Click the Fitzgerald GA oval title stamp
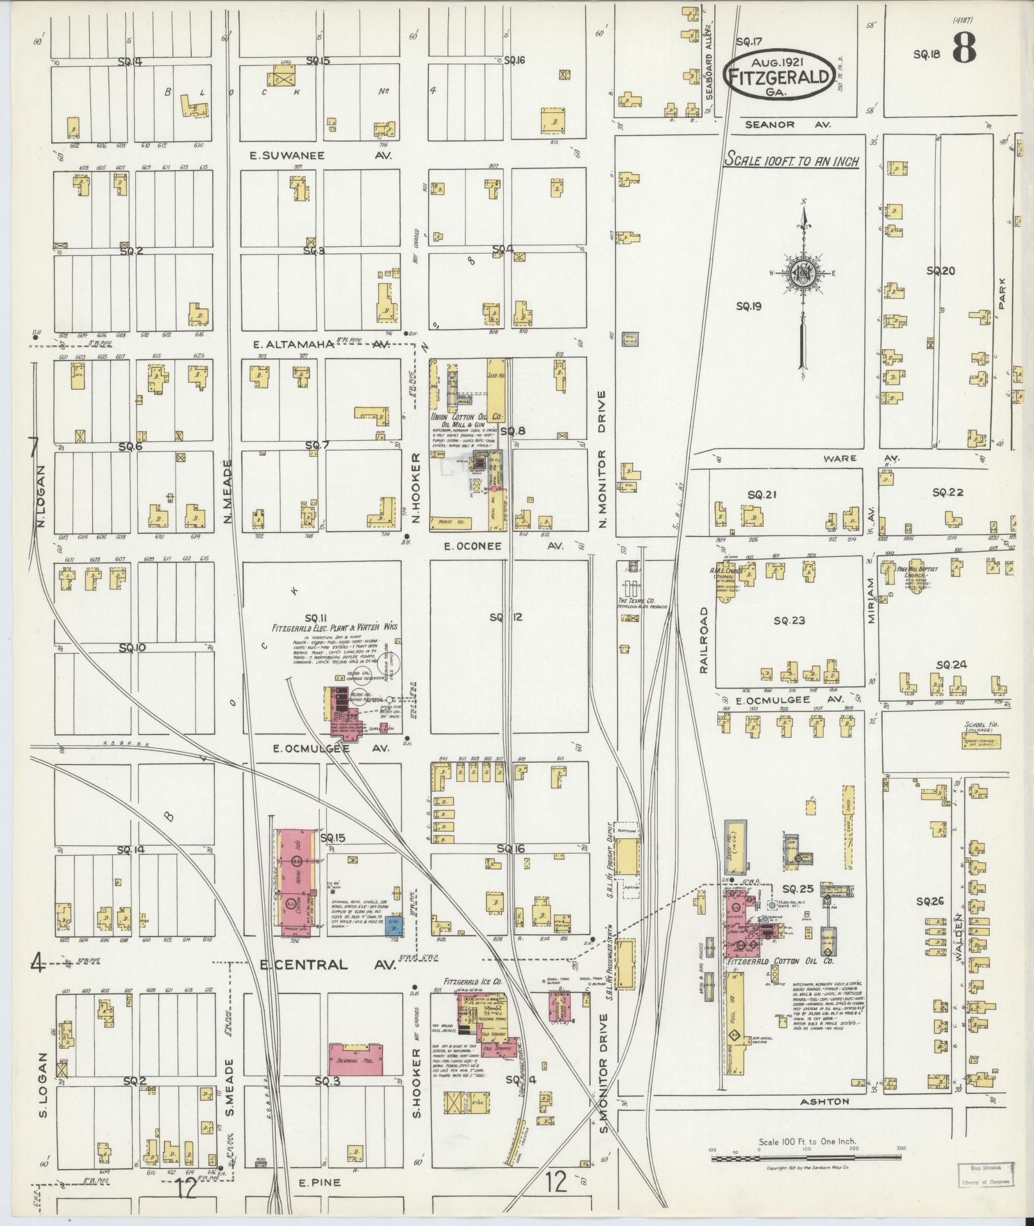click(x=780, y=76)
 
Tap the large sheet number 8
click(x=964, y=48)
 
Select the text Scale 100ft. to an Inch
click(x=792, y=160)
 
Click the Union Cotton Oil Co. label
click(x=464, y=417)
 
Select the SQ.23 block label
click(x=788, y=620)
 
